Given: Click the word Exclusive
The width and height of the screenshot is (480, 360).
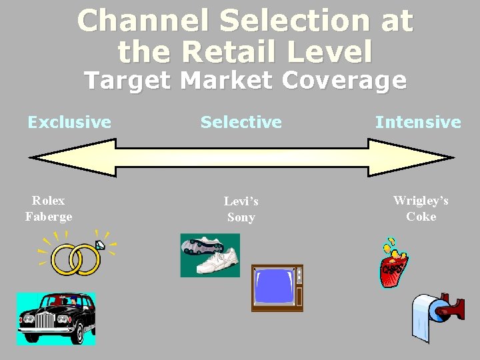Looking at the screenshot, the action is click(x=69, y=122).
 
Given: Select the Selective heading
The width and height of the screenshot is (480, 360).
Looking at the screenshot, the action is click(x=241, y=122).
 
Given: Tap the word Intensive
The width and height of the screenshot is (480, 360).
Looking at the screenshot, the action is click(x=418, y=122).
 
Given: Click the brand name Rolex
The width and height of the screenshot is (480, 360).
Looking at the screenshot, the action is click(x=49, y=200).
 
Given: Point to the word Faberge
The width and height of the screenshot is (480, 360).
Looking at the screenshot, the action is click(x=49, y=216).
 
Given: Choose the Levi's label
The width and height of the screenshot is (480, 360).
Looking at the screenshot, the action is click(x=241, y=201).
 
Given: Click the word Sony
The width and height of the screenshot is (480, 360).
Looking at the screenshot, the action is click(x=241, y=217).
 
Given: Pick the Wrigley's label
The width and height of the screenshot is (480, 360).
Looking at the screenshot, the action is click(x=421, y=200).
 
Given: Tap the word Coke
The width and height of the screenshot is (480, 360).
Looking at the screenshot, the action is click(x=421, y=216).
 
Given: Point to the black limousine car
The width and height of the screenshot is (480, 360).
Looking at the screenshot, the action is click(x=56, y=319).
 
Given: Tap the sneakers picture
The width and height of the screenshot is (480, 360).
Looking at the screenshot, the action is click(x=210, y=255).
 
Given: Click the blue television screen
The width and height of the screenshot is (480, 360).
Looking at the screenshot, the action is click(x=273, y=287).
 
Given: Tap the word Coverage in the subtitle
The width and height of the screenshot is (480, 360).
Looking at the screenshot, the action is click(x=344, y=81).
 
